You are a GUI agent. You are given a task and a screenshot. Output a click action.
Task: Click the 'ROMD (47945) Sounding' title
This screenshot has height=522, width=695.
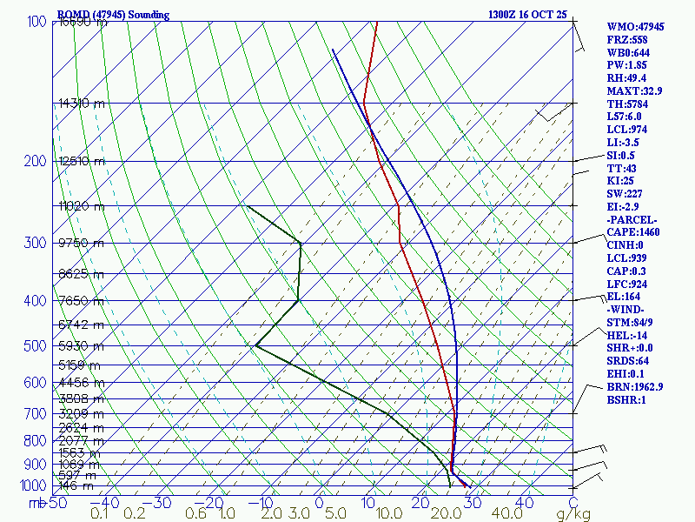113,15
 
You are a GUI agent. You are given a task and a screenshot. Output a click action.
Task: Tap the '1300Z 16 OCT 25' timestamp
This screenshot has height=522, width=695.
528,15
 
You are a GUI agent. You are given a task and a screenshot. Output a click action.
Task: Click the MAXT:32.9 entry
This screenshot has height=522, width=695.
635,90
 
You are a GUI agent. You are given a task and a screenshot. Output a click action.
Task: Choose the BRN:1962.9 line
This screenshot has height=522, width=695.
635,386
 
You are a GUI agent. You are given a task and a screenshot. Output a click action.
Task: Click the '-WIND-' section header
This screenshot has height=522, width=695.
628,310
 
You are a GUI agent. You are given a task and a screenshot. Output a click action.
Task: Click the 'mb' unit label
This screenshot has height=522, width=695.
36,503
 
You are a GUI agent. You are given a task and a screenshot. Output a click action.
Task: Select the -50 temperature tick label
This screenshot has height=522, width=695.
57,503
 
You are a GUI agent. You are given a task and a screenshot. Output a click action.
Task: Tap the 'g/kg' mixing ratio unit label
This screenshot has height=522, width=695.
573,514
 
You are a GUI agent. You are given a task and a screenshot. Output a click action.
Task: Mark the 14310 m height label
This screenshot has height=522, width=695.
81,104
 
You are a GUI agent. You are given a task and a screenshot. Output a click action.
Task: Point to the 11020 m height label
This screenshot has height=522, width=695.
81,206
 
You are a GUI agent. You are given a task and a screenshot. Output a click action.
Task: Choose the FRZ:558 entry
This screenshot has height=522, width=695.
628,40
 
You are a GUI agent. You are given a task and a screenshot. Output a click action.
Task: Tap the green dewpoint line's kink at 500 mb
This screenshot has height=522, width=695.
256,345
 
